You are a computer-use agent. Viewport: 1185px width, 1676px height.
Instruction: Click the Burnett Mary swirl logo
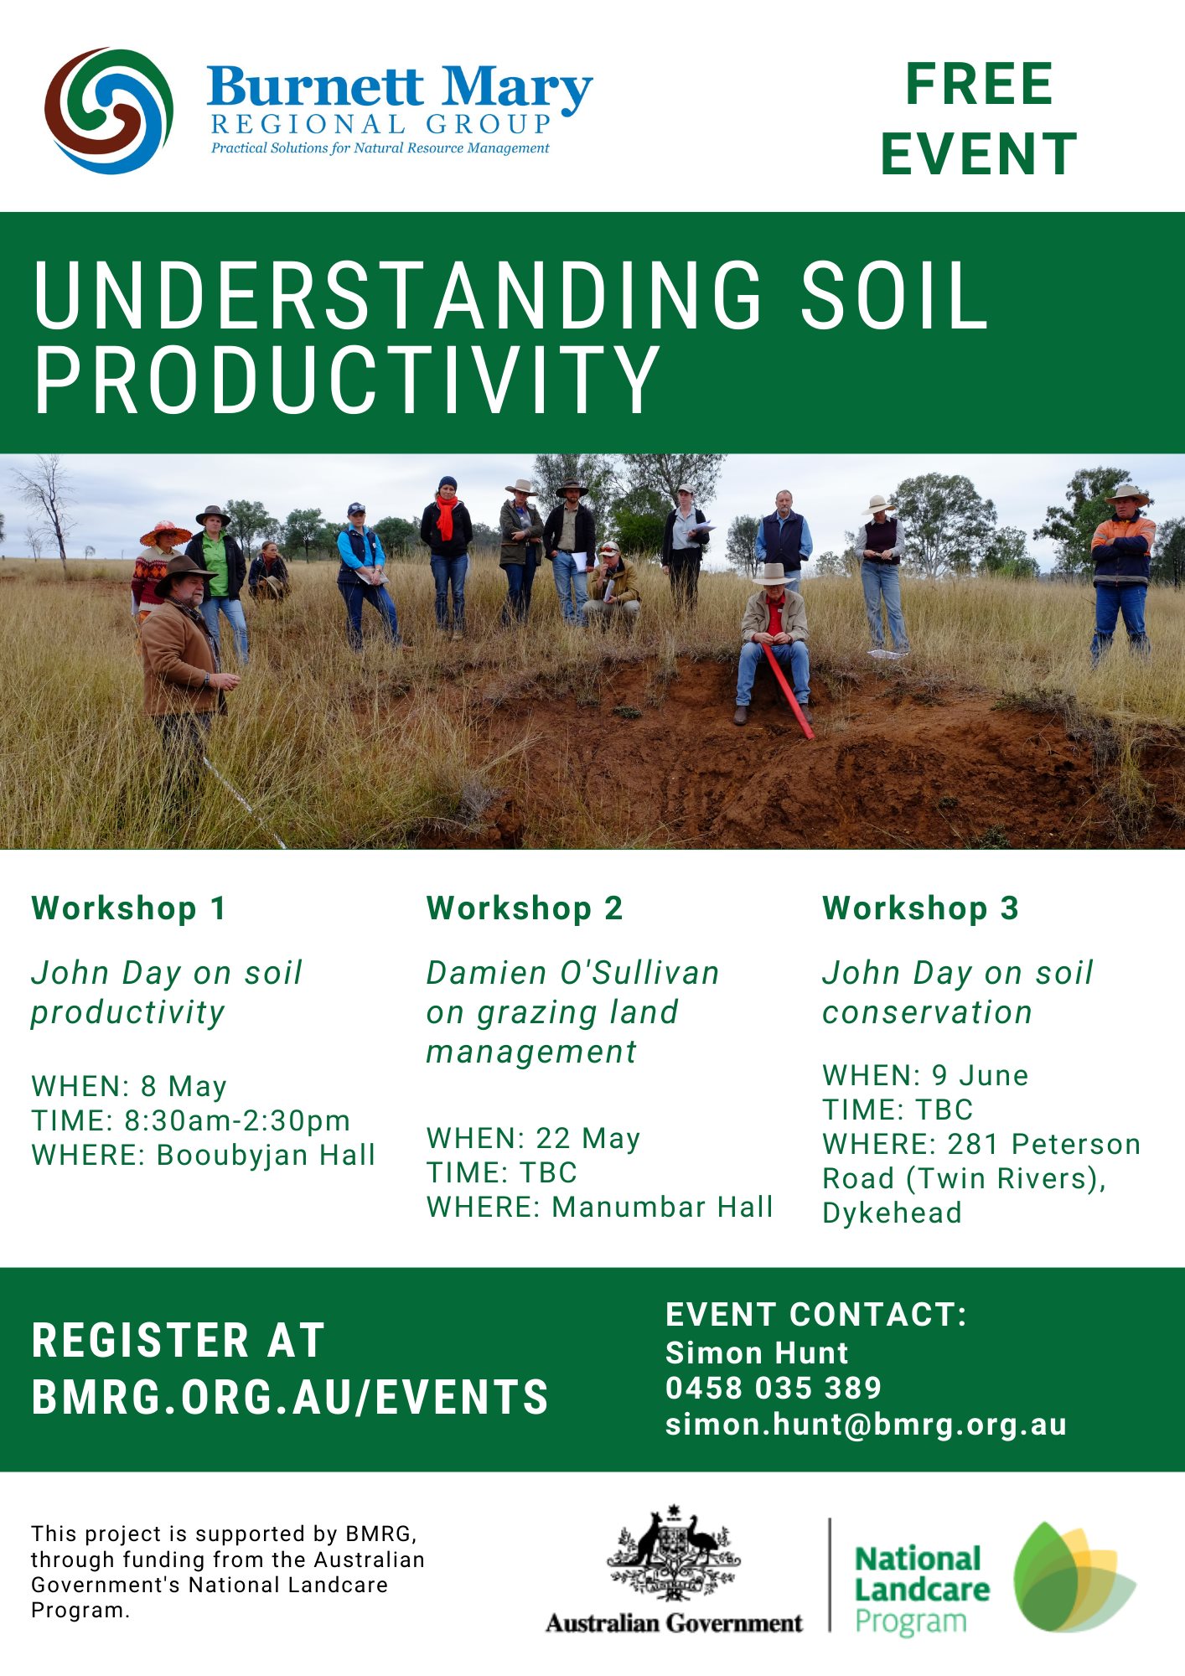pyautogui.click(x=109, y=111)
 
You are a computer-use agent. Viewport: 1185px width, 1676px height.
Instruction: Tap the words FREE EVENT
pyautogui.click(x=979, y=119)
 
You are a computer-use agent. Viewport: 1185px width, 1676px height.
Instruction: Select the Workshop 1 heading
pyautogui.click(x=128, y=908)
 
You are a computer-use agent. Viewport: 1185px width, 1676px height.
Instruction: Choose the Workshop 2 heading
pyautogui.click(x=525, y=908)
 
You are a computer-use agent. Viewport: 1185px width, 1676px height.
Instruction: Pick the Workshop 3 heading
pyautogui.click(x=920, y=908)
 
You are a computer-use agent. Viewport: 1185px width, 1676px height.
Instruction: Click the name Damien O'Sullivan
pyautogui.click(x=572, y=973)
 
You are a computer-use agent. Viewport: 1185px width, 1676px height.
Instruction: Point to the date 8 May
pyautogui.click(x=184, y=1086)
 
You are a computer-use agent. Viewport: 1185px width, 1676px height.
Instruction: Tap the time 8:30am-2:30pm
pyautogui.click(x=237, y=1120)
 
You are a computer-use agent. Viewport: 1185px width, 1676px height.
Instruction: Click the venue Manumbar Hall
pyautogui.click(x=662, y=1207)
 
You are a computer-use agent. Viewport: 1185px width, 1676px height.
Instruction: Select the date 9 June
pyautogui.click(x=980, y=1075)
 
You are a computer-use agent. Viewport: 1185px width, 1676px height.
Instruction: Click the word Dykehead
pyautogui.click(x=892, y=1213)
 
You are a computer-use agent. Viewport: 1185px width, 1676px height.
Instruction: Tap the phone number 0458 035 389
pyautogui.click(x=774, y=1388)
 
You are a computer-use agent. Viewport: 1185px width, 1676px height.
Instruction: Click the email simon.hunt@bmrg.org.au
pyautogui.click(x=866, y=1425)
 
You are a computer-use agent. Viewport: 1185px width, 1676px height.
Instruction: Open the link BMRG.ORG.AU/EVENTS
pyautogui.click(x=290, y=1397)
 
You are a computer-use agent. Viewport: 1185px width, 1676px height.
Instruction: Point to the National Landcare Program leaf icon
pyautogui.click(x=1074, y=1577)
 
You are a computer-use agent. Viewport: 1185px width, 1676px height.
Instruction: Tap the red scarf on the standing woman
pyautogui.click(x=446, y=516)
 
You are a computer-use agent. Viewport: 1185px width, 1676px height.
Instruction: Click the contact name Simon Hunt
pyautogui.click(x=757, y=1353)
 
